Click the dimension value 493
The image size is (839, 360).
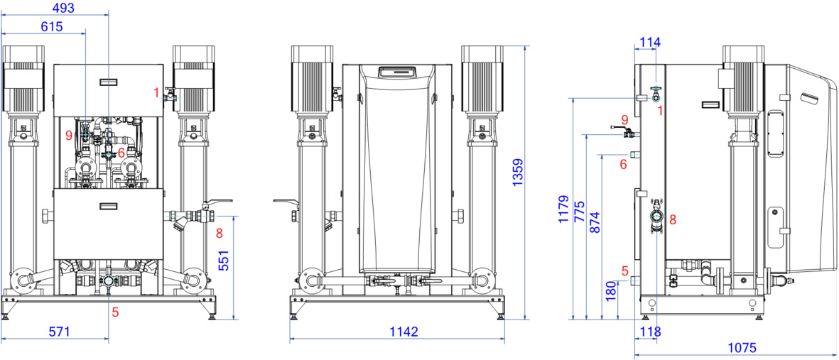[x=63, y=8]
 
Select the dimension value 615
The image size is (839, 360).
[x=52, y=27]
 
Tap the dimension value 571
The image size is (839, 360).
[x=59, y=332]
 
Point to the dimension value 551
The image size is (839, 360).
[x=224, y=260]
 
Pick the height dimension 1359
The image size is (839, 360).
[x=517, y=173]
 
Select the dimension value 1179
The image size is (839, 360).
[x=563, y=209]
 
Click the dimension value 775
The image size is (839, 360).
[x=578, y=212]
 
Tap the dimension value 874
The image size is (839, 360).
[x=594, y=224]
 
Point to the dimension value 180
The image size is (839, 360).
[x=610, y=290]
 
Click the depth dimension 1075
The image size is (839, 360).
[x=742, y=348]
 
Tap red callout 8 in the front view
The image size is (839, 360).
[x=219, y=233]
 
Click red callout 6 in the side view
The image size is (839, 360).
[x=623, y=165]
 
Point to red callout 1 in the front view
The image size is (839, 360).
[x=156, y=93]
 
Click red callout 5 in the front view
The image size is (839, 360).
[x=115, y=312]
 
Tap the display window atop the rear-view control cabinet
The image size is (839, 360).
[x=397, y=71]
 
